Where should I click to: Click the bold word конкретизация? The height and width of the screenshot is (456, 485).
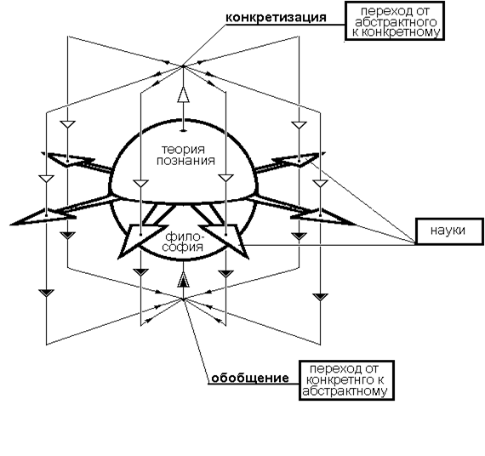(276, 17)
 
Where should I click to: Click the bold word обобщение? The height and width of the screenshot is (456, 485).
(250, 378)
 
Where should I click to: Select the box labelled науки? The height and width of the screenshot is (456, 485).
(450, 231)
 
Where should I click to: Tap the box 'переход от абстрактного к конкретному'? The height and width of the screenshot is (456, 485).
(395, 21)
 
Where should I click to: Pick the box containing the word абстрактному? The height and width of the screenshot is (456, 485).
(346, 380)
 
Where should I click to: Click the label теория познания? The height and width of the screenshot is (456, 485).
(185, 155)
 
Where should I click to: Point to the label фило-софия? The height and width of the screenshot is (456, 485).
(184, 242)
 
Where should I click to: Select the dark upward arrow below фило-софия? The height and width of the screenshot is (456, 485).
(184, 280)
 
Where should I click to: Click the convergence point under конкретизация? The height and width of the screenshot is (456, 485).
(183, 66)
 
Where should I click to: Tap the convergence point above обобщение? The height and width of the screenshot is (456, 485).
(184, 299)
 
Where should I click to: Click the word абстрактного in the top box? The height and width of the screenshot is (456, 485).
(396, 21)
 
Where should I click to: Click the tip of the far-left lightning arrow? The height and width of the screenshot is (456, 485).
(10, 224)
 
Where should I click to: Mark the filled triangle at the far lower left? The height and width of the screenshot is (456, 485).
(47, 293)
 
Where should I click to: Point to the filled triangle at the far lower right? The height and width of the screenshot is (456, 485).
(320, 297)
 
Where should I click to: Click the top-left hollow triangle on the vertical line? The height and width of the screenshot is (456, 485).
(68, 124)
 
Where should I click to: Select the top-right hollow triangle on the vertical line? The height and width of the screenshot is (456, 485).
(299, 125)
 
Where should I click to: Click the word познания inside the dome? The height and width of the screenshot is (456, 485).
(185, 161)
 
